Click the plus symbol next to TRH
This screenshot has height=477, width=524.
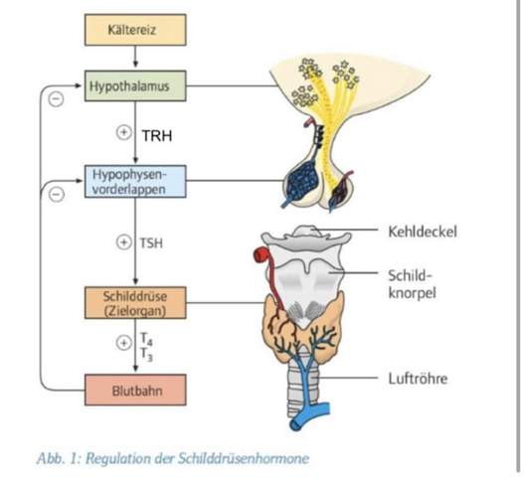125,132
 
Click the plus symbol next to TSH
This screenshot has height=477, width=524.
124,240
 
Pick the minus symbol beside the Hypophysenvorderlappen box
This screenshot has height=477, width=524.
57,194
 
